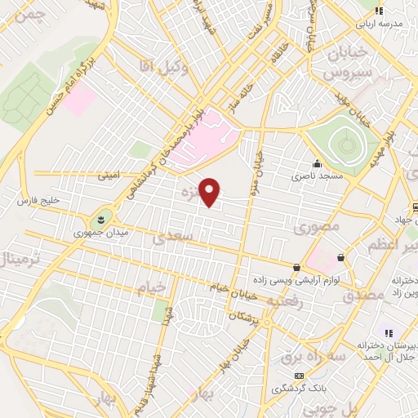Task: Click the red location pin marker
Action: click(211, 192)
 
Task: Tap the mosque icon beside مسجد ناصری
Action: click(317, 162)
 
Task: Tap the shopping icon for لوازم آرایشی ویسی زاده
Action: click(296, 267)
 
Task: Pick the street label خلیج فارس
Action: click(39, 200)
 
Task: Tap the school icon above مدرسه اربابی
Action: click(378, 11)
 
